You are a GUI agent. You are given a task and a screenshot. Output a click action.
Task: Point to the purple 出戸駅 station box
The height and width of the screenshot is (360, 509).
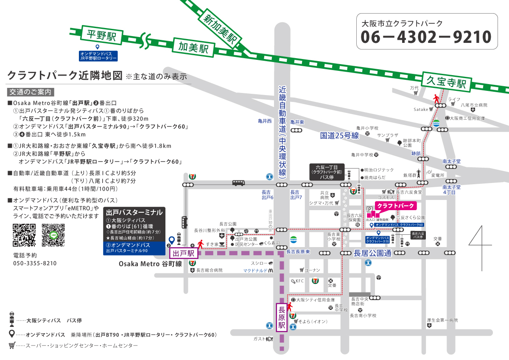coord(184,253)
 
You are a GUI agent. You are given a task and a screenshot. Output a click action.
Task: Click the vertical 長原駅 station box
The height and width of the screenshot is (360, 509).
coord(281,317)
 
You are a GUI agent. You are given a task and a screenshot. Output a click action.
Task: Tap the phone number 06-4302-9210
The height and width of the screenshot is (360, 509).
coord(426,37)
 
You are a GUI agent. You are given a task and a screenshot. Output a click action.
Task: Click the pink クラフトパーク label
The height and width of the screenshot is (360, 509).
coord(395,206)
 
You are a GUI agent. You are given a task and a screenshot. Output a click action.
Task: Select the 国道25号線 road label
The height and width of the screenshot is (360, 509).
coord(339,136)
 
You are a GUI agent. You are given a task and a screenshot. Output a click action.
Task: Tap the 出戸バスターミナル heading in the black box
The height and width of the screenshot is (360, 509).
coord(134,212)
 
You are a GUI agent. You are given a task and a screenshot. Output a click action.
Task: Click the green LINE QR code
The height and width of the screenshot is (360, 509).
coord(53,235)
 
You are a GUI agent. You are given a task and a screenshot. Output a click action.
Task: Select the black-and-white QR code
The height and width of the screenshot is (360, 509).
coord(24,235)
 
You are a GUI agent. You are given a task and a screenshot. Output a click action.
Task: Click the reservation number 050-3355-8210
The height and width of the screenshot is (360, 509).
coord(35,263)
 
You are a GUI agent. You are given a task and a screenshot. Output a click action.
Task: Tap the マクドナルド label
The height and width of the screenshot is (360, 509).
coord(255,270)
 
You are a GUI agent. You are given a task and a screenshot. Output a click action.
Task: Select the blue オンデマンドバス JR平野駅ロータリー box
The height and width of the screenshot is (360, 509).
coord(98,55)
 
